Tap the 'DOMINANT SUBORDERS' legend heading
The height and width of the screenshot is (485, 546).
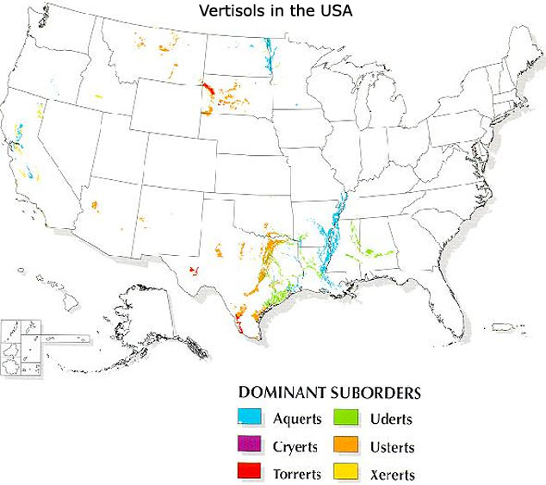click(x=330, y=393)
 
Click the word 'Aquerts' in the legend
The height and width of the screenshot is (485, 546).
click(x=296, y=420)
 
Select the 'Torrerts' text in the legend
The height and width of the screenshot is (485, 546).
click(x=297, y=475)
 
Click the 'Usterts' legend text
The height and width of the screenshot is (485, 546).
click(x=394, y=447)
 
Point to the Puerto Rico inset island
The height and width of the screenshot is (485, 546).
click(x=502, y=326)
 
